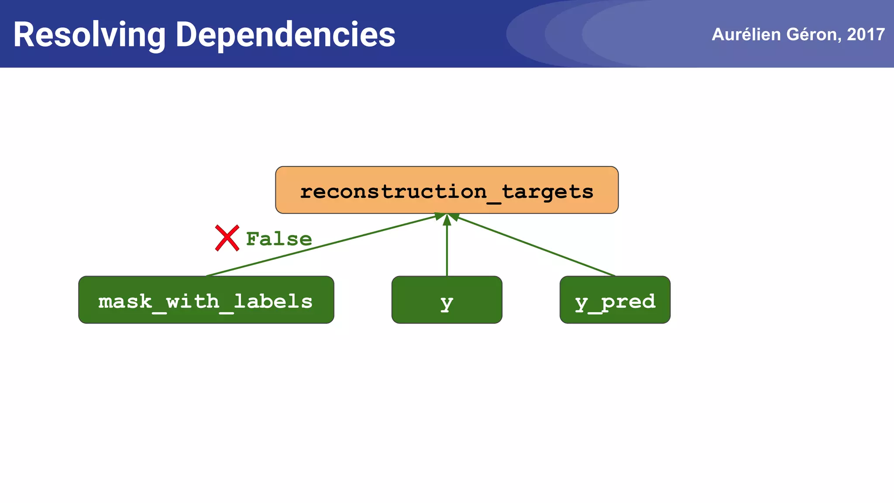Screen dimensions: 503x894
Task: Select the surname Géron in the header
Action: point(812,34)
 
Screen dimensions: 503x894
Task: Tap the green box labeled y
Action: point(447,300)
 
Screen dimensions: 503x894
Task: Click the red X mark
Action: point(227,238)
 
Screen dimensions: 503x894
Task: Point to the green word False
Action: point(279,239)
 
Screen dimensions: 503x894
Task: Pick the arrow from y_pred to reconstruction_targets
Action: point(537,247)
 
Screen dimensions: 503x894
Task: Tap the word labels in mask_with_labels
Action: point(273,301)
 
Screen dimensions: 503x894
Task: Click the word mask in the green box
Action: point(125,301)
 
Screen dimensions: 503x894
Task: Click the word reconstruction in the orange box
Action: point(393,192)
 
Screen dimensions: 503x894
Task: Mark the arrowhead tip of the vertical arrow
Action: point(447,215)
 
